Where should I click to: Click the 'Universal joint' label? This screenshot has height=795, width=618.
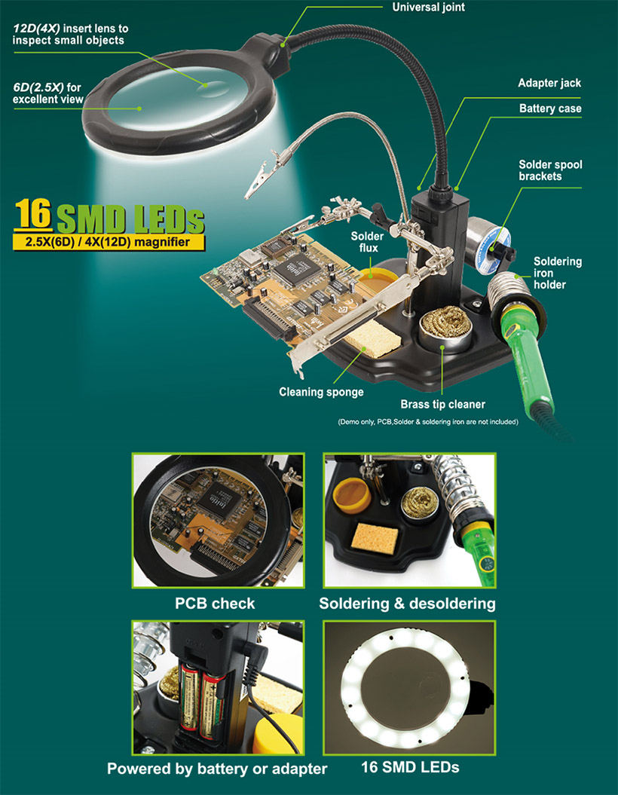tap(428, 8)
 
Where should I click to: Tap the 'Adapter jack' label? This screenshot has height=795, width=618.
tap(549, 83)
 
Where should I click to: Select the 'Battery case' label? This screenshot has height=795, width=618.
tap(550, 109)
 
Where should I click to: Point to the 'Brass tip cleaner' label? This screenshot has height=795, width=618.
tap(442, 404)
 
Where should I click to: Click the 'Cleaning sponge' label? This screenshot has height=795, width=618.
tap(321, 392)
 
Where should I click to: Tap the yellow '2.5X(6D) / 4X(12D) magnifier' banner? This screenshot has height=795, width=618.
tap(109, 243)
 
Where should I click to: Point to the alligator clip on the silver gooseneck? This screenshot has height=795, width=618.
tap(260, 176)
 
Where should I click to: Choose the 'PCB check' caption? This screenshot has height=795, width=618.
tap(215, 604)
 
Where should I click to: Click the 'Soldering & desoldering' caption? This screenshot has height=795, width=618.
tap(407, 604)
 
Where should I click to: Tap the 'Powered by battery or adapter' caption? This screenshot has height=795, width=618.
tap(217, 769)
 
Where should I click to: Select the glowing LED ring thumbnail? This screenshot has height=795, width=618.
tap(409, 687)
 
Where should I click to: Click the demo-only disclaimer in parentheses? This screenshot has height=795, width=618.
tap(428, 422)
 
